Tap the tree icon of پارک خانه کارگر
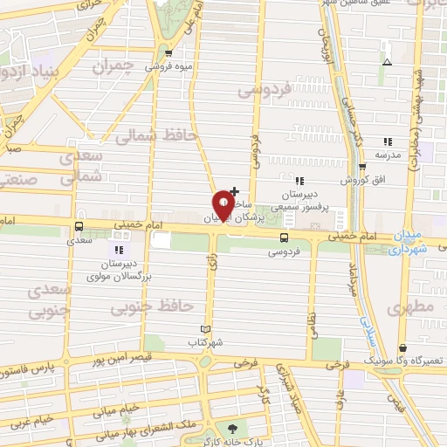233,428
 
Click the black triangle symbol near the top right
388,63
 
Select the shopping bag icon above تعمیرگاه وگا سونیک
402,347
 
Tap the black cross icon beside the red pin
234,189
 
